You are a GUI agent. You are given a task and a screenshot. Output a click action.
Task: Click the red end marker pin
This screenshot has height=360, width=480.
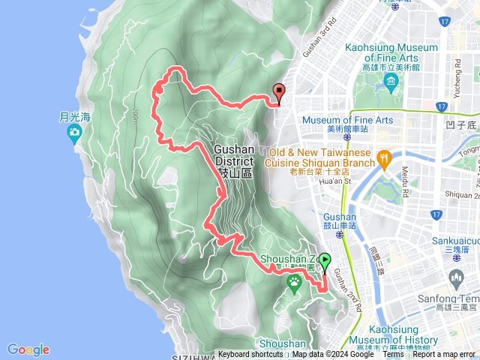(x=280, y=94)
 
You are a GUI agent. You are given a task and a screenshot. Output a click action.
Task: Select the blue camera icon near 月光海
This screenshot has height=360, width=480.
(x=74, y=134)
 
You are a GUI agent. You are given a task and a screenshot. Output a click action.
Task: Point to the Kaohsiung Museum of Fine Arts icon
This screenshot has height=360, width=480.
(x=391, y=79)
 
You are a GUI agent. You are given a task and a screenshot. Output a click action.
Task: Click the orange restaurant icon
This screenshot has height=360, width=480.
(x=384, y=157)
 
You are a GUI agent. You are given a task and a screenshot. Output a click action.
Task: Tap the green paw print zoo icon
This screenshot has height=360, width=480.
(x=295, y=281)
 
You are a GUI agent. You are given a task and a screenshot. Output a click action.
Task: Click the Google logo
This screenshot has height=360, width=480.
(x=28, y=349)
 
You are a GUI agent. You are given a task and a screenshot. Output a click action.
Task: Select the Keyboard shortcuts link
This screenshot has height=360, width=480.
(x=250, y=355)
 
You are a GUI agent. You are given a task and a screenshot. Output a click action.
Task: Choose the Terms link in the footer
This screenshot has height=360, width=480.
(x=393, y=355)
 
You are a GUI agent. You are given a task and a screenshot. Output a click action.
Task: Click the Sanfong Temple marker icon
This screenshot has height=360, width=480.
(x=457, y=280)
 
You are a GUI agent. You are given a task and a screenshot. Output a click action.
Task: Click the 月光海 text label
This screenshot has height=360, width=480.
(x=74, y=116)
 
